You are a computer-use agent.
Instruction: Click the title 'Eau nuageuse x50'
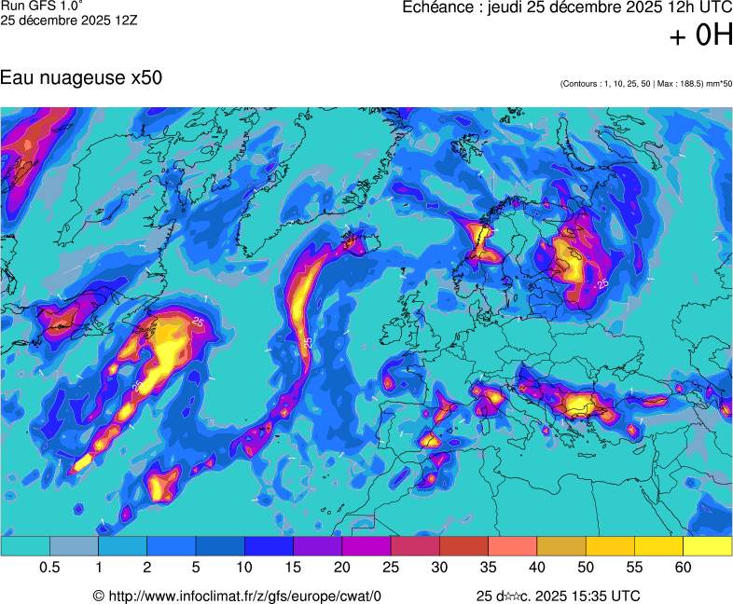point(82,77)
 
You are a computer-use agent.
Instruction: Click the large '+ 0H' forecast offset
point(701,35)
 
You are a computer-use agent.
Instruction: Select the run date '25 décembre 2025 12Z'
point(70,20)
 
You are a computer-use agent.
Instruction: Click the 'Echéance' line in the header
point(567,7)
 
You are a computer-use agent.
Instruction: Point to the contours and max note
point(646,84)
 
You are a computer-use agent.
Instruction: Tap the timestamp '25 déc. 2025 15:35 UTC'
point(558,596)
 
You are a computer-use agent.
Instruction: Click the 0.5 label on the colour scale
point(50,568)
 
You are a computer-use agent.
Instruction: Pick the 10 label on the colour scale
point(244,568)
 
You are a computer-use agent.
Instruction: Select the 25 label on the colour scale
point(390,568)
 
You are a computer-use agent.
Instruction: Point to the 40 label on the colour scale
point(536,568)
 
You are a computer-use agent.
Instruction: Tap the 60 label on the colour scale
point(683,568)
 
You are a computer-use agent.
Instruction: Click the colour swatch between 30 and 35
point(463,546)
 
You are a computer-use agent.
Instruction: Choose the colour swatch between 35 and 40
point(512,546)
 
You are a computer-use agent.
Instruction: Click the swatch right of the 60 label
point(707,546)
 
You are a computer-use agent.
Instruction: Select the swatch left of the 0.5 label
point(25,546)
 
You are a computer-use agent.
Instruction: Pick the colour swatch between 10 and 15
point(269,546)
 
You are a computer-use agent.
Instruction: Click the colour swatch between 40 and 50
point(561,546)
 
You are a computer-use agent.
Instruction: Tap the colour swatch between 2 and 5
point(172,546)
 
